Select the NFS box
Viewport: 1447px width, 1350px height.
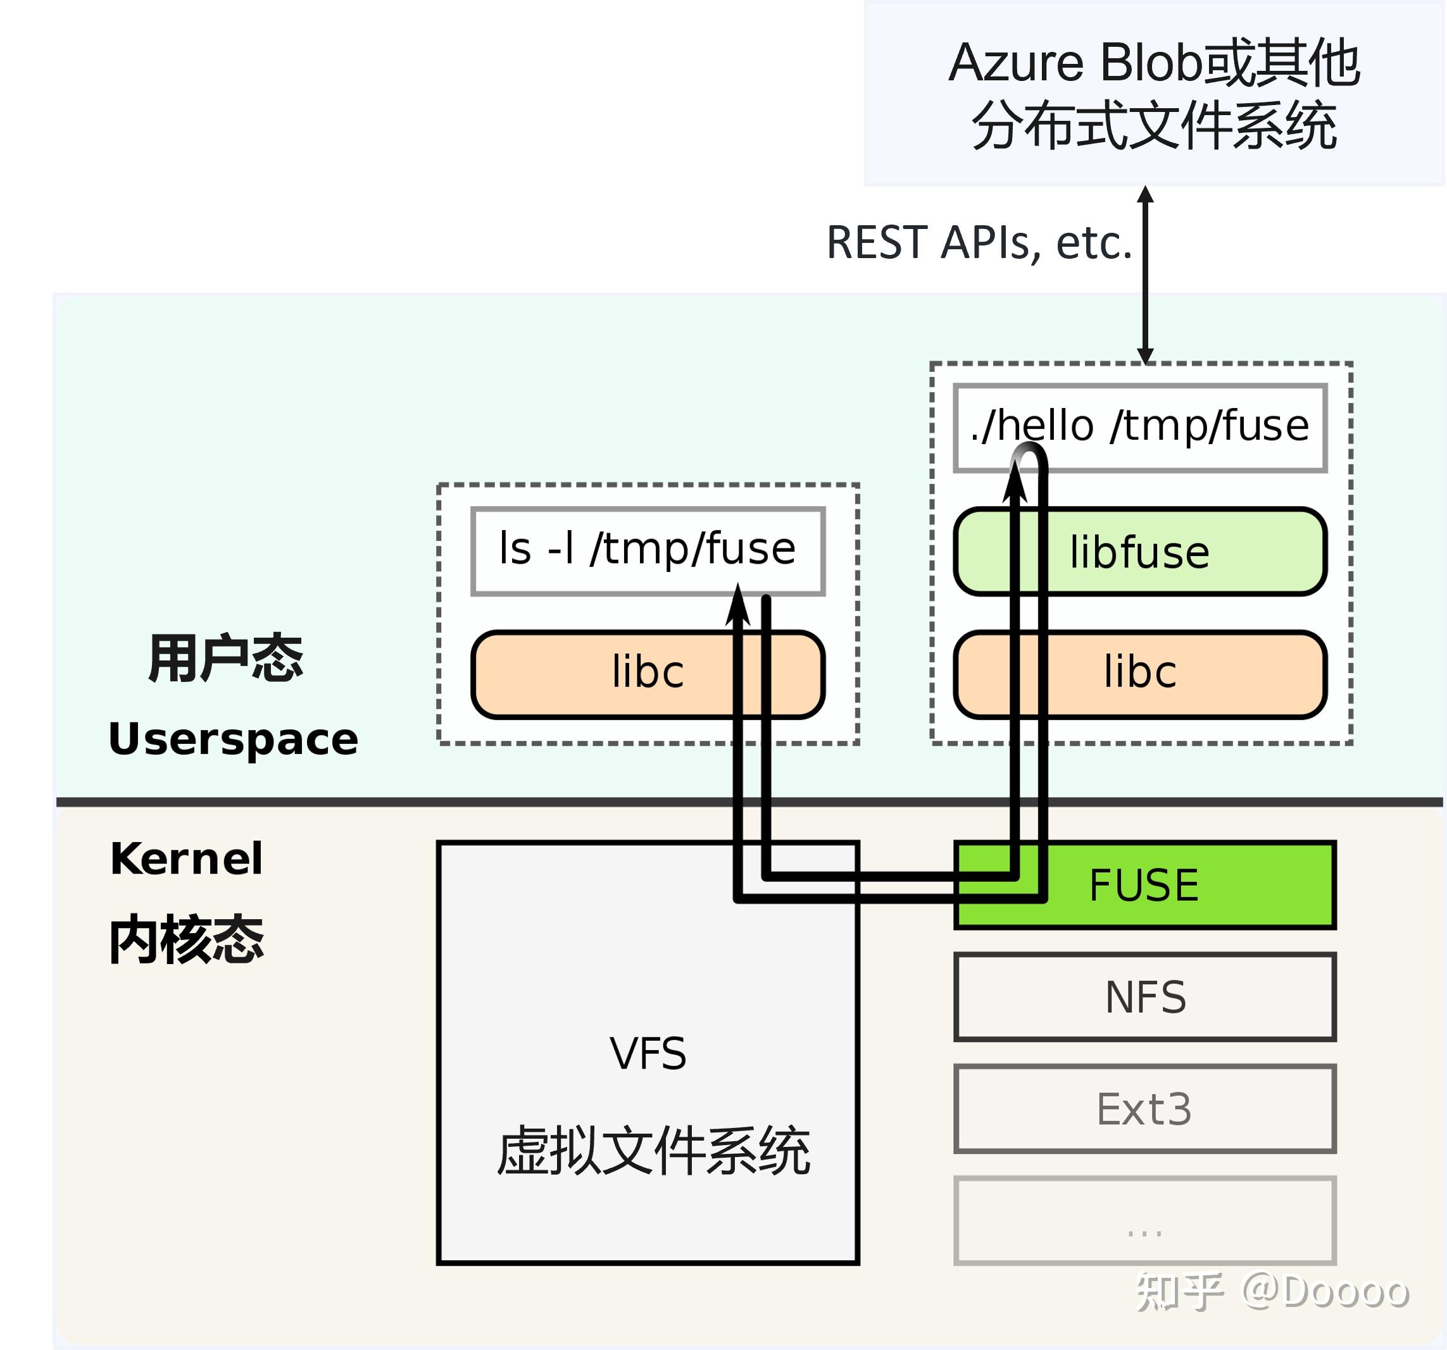(1145, 997)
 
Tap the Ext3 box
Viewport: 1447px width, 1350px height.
(1145, 1109)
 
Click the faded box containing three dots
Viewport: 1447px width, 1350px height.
(1145, 1222)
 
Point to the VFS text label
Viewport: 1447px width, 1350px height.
(648, 1053)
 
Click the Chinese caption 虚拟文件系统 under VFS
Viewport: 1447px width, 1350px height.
(653, 1151)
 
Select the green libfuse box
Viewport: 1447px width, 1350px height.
(1140, 552)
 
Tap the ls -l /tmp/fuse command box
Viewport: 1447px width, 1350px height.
(647, 548)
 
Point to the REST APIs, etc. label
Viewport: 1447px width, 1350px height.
(979, 242)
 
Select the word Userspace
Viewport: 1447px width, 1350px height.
(233, 740)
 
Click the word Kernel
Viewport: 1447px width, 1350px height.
(186, 859)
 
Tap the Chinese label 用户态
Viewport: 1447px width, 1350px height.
(225, 659)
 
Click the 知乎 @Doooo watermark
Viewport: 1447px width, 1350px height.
(1272, 1292)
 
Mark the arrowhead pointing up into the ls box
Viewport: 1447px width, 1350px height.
(738, 607)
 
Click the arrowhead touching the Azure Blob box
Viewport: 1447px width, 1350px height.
(1146, 195)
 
